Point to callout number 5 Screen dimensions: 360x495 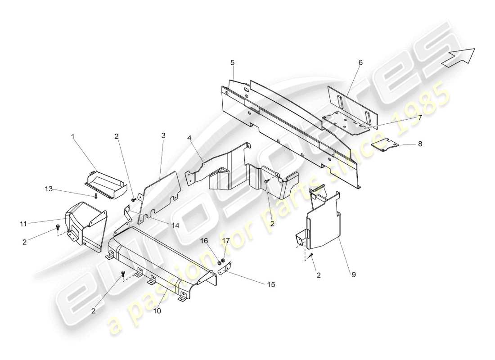point(233,62)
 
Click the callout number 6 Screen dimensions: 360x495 point(360,62)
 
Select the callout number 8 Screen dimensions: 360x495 point(420,144)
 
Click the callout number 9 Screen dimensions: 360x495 point(354,274)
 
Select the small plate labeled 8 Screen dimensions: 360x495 point(385,146)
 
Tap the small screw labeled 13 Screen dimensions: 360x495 point(96,196)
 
